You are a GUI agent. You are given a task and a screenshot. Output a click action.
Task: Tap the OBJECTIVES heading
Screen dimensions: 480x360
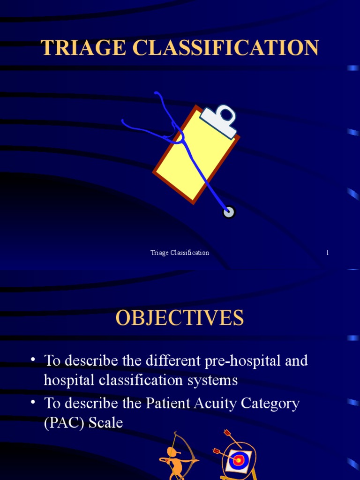click(180, 318)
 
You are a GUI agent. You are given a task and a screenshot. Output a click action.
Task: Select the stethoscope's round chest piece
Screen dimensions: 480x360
click(229, 212)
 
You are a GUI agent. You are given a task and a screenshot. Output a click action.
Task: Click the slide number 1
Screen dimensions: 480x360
click(327, 253)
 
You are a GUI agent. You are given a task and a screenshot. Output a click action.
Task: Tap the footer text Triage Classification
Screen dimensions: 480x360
click(180, 253)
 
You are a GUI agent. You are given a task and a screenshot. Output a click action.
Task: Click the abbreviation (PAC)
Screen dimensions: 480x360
click(62, 423)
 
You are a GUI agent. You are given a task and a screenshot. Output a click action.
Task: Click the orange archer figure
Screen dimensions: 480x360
click(175, 457)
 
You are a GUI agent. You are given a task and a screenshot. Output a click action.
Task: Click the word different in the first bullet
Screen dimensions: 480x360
click(174, 361)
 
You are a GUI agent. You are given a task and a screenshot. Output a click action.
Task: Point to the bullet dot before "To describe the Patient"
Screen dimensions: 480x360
click(33, 403)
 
